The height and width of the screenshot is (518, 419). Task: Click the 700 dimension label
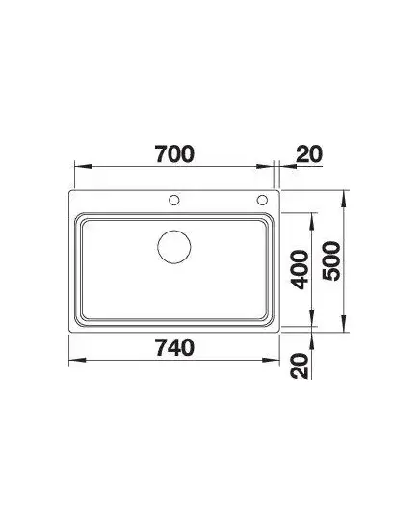(x=175, y=154)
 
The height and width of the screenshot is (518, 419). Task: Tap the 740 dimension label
(x=175, y=347)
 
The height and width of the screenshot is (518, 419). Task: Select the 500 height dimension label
(x=331, y=261)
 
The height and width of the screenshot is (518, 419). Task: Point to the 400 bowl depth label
(x=301, y=270)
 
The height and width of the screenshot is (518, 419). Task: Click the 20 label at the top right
(x=308, y=154)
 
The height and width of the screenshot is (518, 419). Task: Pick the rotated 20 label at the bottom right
(x=301, y=366)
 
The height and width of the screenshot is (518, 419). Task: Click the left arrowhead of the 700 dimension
(x=83, y=166)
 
